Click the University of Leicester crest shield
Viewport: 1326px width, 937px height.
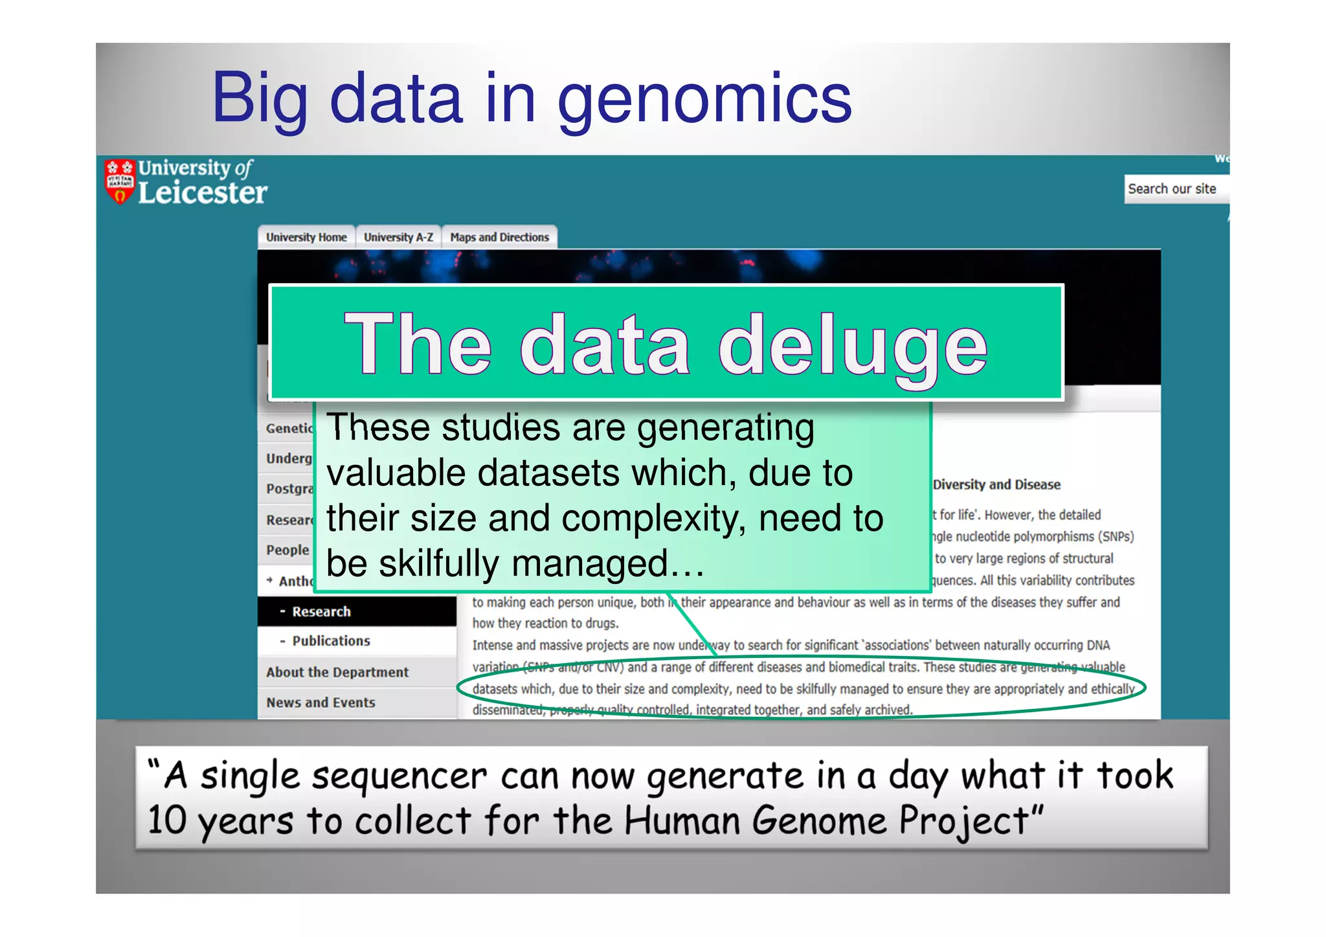120,182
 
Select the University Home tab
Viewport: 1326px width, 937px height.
306,238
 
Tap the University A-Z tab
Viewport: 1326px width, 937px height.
398,238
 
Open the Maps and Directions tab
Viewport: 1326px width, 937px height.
499,238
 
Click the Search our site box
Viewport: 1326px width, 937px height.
1173,189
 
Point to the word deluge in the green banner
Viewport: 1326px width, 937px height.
853,344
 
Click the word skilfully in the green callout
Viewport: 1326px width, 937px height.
439,563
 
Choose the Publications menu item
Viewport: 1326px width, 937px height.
331,641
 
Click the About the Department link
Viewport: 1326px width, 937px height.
337,672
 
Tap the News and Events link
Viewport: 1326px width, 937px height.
320,703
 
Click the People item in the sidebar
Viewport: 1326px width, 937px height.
287,550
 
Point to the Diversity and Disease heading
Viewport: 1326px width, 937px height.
996,484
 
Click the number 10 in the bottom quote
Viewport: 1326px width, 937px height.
167,820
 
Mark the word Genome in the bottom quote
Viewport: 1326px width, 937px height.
819,821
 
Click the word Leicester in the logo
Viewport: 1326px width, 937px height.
203,193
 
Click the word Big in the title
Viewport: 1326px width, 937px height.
260,98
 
